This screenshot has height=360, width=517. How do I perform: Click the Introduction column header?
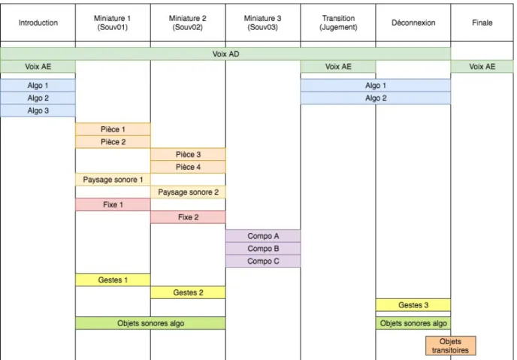38,23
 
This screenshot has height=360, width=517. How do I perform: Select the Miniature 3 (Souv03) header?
263,23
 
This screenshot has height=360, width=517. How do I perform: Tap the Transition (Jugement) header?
338,23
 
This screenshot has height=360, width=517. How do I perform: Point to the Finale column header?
482,23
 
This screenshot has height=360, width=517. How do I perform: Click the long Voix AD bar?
225,54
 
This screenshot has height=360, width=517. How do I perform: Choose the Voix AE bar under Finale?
482,67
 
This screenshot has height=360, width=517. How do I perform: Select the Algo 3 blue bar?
38,110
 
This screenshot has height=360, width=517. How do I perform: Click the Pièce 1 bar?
113,129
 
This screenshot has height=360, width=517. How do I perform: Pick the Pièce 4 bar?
189,167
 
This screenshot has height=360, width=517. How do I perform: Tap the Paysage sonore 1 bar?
113,180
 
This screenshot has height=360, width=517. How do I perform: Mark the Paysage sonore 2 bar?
189,192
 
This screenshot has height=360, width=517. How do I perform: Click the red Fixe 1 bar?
113,204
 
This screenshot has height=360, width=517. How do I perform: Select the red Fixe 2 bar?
189,217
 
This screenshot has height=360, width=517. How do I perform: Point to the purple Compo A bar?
263,236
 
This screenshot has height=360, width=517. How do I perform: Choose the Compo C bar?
263,261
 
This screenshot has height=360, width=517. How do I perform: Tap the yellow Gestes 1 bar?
113,280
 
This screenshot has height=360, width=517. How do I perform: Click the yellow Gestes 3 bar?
413,305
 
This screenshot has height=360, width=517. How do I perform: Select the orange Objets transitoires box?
450,346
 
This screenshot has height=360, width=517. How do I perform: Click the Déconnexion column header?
413,23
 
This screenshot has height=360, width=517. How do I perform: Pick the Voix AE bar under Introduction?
38,67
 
